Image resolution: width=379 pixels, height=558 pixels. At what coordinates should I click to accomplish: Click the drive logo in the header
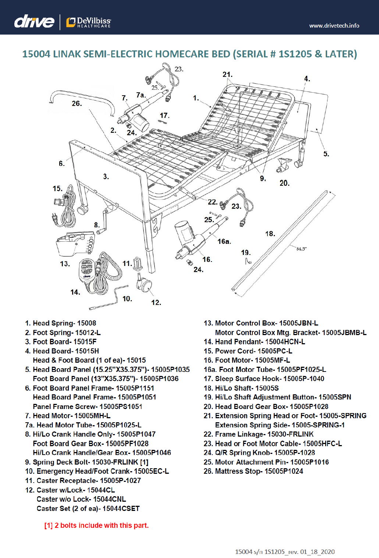tap(34, 22)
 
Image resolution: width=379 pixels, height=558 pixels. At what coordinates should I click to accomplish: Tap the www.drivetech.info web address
tap(334, 26)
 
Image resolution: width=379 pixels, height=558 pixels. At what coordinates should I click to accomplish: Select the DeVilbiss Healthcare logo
tap(88, 22)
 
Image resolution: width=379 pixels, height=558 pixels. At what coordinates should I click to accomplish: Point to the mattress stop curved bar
tap(82, 94)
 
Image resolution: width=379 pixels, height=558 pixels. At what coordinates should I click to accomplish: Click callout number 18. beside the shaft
tap(270, 234)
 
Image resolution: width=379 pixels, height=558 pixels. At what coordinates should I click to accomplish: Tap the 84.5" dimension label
tap(301, 249)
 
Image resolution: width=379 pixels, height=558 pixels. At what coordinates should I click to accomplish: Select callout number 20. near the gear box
tap(284, 183)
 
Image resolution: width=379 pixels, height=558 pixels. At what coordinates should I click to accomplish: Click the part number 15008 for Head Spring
tap(86, 323)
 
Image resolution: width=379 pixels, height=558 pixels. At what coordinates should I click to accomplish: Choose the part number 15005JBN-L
tap(298, 323)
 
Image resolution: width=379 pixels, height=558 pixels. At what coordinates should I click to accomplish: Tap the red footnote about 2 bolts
tap(96, 525)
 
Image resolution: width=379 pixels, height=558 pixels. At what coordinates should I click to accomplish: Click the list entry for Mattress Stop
tap(253, 471)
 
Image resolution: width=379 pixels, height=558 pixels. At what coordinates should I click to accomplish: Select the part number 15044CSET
tap(121, 508)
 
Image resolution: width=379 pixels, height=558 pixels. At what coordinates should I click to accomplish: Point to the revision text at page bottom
tap(285, 552)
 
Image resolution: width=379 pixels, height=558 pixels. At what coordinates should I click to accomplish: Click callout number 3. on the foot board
tap(106, 177)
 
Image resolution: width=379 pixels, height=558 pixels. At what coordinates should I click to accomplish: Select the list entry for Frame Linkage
tap(259, 434)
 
